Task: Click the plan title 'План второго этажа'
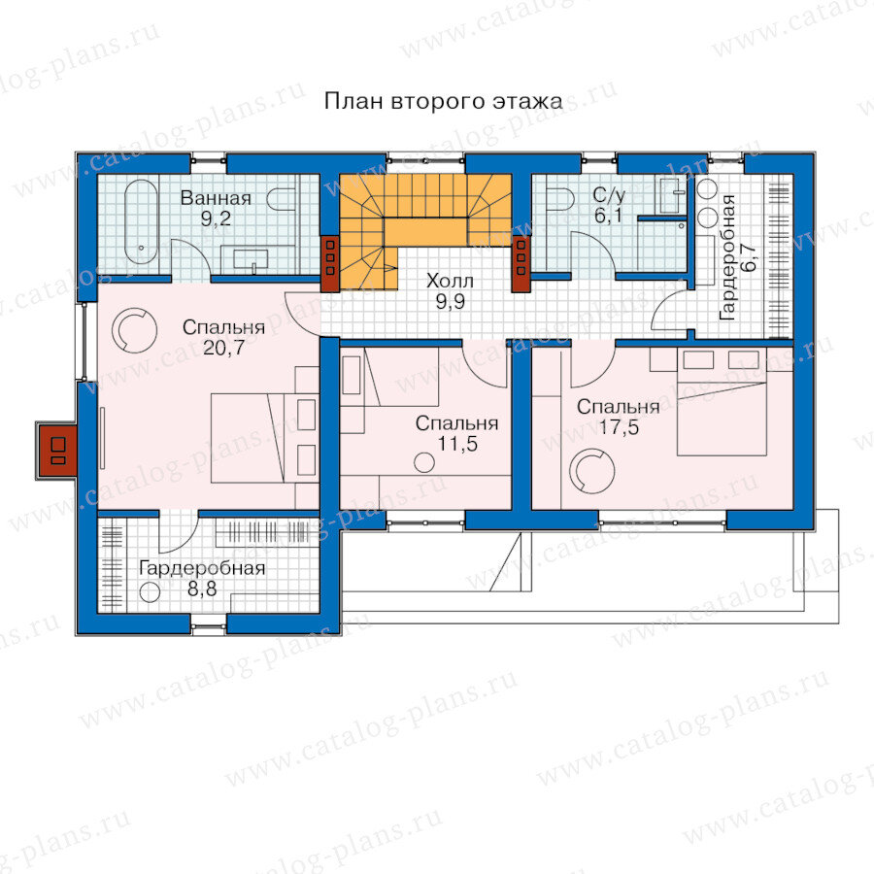pyautogui.click(x=443, y=102)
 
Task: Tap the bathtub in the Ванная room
pyautogui.click(x=141, y=221)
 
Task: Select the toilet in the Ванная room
pyautogui.click(x=281, y=199)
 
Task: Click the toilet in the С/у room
pyautogui.click(x=559, y=199)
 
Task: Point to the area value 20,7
pyautogui.click(x=223, y=348)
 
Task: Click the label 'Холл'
pyautogui.click(x=450, y=281)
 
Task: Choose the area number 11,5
pyautogui.click(x=457, y=444)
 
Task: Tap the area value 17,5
pyautogui.click(x=619, y=427)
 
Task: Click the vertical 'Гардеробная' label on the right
pyautogui.click(x=728, y=257)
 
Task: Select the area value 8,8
pyautogui.click(x=202, y=588)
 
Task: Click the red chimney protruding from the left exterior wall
pyautogui.click(x=56, y=451)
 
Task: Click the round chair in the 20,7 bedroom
pyautogui.click(x=134, y=330)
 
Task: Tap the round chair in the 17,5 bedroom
pyautogui.click(x=591, y=471)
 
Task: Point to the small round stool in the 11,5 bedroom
pyautogui.click(x=424, y=462)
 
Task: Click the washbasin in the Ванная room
pyautogui.click(x=251, y=259)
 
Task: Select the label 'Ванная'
pyautogui.click(x=216, y=198)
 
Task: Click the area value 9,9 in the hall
pyautogui.click(x=450, y=302)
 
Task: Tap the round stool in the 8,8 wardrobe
pyautogui.click(x=150, y=591)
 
